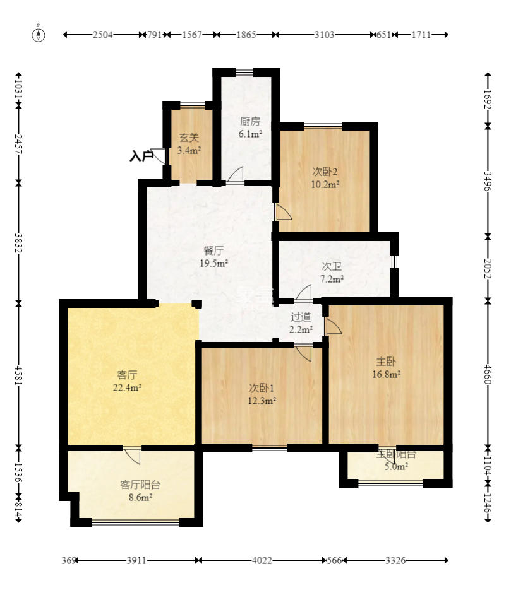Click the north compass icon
click(x=39, y=35)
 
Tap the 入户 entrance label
click(x=141, y=155)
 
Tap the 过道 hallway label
click(x=301, y=323)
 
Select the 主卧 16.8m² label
click(x=387, y=367)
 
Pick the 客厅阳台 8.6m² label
click(x=140, y=490)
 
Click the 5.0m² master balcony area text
click(x=396, y=466)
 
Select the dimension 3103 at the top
click(x=324, y=35)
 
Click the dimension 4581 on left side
click(x=18, y=375)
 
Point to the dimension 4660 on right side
click(x=487, y=375)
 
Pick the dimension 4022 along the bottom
click(x=262, y=560)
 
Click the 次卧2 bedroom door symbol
click(x=283, y=212)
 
